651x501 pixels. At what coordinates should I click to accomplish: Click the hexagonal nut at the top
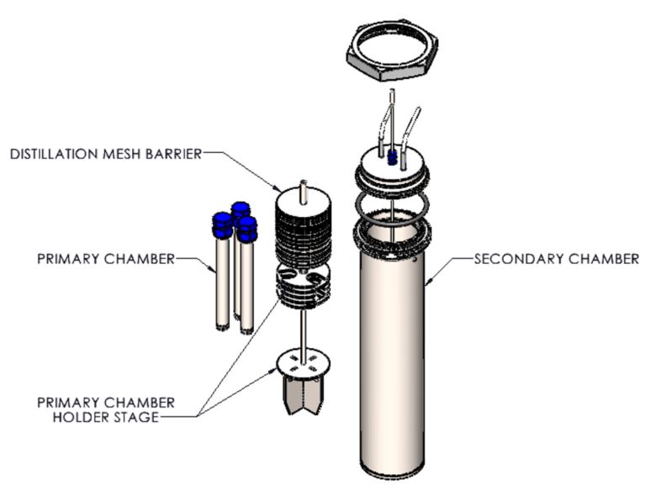[x=388, y=52]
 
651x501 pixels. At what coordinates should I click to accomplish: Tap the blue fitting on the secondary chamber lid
[x=392, y=157]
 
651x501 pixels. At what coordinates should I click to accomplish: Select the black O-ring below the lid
[x=393, y=205]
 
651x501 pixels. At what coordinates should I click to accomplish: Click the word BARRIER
[x=177, y=154]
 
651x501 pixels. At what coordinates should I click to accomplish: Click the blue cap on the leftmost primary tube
[x=222, y=225]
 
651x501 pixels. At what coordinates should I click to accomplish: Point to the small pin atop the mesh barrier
[x=303, y=189]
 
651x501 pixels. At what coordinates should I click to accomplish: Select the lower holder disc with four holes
[x=303, y=361]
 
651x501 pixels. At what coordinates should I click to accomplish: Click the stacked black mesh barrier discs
[x=304, y=235]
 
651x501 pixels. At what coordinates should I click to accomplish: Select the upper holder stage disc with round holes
[x=303, y=282]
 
